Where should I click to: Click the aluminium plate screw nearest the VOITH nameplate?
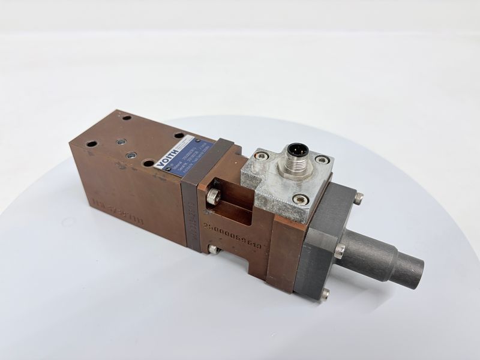(x=260, y=156)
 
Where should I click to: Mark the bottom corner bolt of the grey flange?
(x=325, y=293)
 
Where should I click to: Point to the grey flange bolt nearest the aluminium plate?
(x=358, y=197)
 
